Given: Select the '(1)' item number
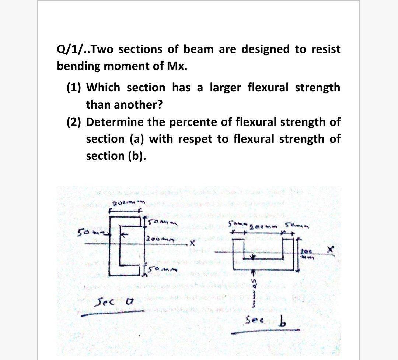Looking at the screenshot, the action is point(75,88).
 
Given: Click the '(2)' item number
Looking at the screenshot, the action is point(75,122).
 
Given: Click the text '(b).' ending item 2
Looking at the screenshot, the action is point(137,156).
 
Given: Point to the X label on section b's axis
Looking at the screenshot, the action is point(331,250).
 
